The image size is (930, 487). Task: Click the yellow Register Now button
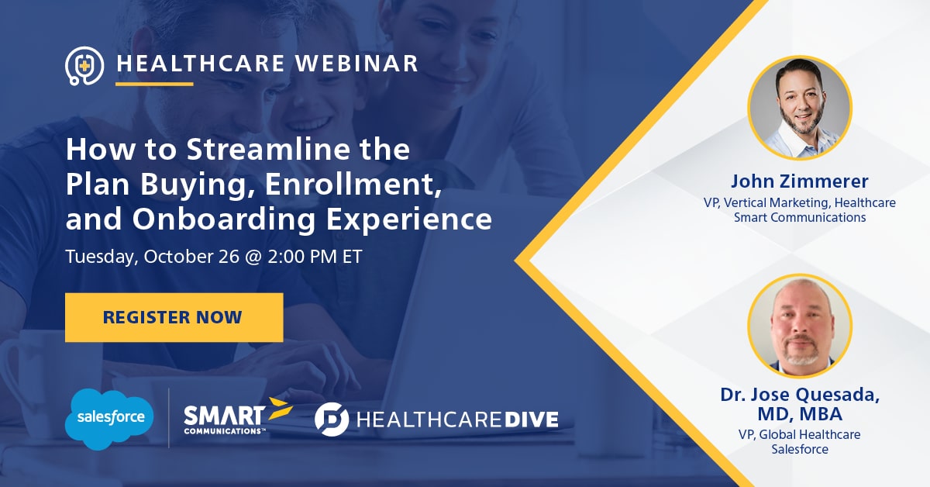point(174,317)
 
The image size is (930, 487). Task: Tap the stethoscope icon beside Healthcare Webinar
point(84,66)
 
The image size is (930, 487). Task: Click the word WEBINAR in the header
point(356,64)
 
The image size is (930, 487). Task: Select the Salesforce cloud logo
point(109,419)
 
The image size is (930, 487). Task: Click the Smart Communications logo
point(238,416)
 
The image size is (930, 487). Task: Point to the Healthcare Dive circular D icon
point(332,420)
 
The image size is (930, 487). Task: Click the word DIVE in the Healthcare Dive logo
point(532,420)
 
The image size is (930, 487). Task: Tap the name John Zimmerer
point(800,181)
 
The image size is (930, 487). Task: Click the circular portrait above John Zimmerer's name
point(800,108)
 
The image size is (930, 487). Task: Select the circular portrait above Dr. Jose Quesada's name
point(800,326)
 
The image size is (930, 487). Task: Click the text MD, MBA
point(800,414)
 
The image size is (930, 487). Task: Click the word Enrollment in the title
point(353,185)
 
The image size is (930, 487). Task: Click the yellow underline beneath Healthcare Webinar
point(154,85)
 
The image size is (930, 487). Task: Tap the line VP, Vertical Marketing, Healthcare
point(800,202)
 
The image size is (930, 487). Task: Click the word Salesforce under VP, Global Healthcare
point(800,449)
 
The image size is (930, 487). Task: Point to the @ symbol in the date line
point(253,257)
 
